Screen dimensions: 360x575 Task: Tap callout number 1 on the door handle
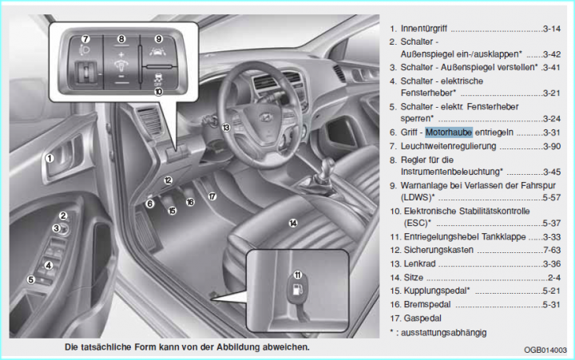pos(50,158)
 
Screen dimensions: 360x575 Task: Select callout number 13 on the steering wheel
pos(226,128)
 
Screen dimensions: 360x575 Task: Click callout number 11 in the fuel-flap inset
pos(297,275)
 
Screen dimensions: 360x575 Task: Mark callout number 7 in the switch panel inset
pos(85,38)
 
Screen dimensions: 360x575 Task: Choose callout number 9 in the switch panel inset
pos(158,38)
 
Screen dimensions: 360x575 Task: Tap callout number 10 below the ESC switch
pos(158,92)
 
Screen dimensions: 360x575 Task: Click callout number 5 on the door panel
pos(30,279)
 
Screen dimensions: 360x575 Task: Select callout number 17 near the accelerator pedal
pos(212,195)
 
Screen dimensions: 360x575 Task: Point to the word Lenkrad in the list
pos(420,263)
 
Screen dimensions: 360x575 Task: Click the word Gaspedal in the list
pos(423,318)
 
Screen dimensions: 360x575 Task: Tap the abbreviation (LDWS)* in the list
pos(418,196)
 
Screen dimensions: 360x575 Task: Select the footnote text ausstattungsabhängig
pos(447,331)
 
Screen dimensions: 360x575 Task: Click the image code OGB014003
pos(545,350)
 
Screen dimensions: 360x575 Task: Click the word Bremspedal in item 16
pos(426,304)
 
